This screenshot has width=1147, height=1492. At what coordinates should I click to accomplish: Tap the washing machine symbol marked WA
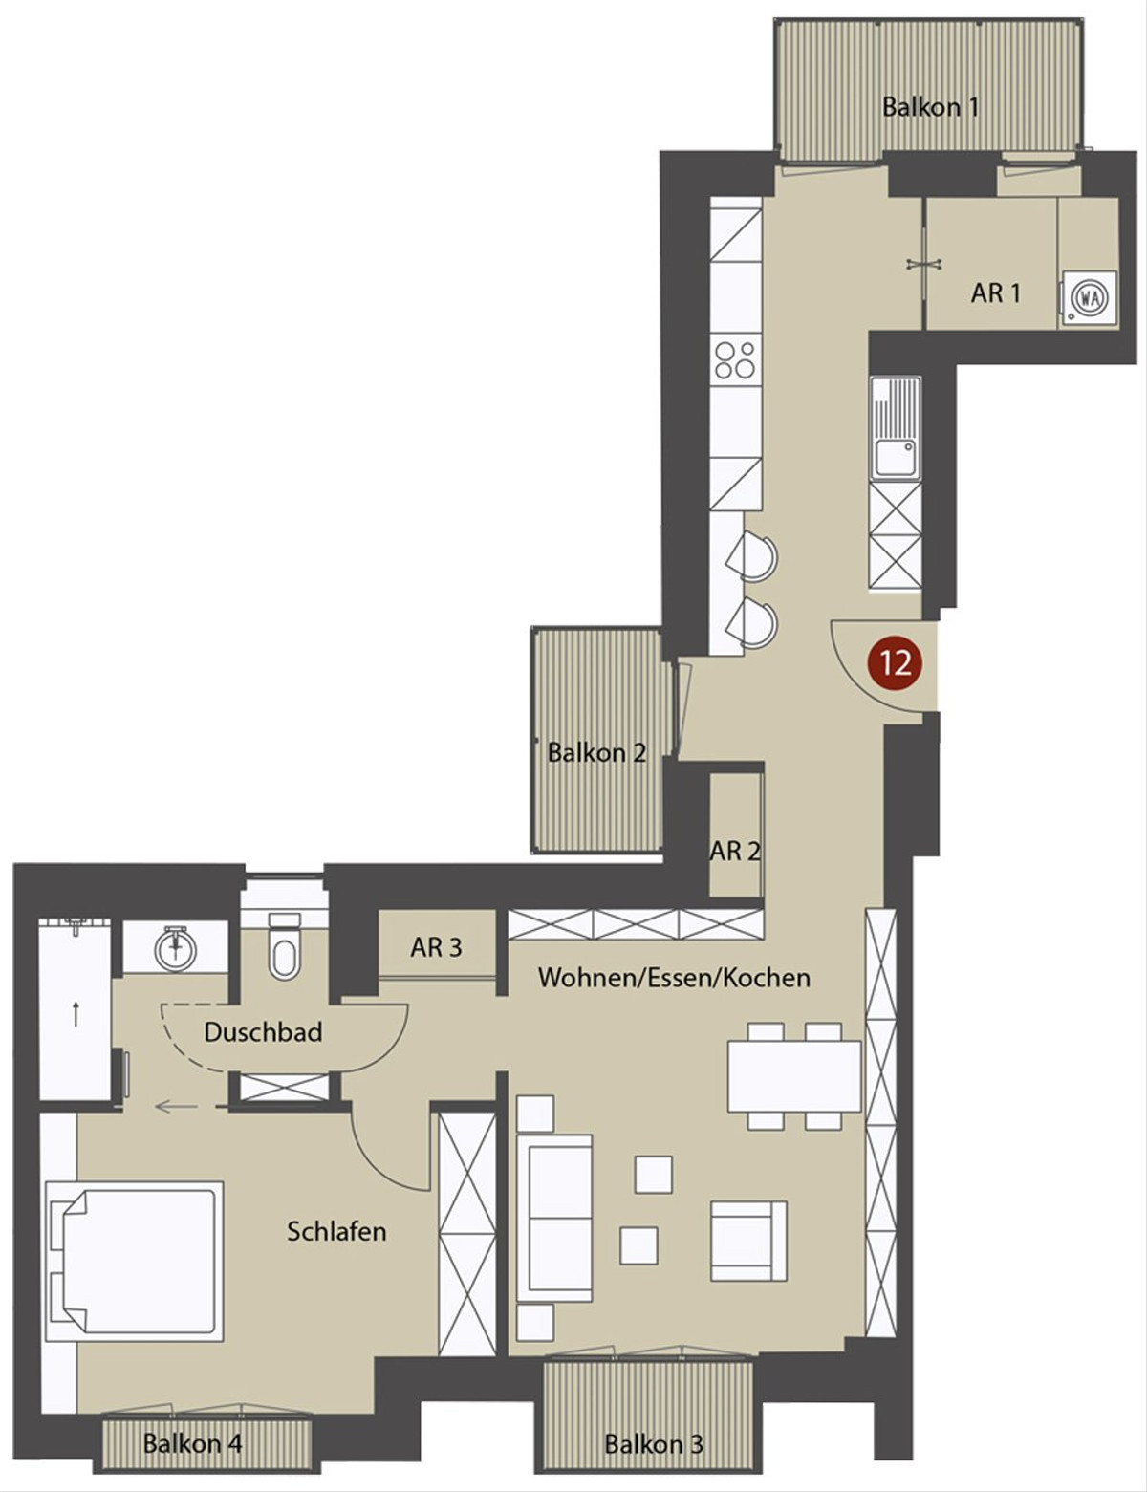pyautogui.click(x=1090, y=297)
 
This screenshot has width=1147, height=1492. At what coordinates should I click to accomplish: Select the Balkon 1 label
pyautogui.click(x=930, y=107)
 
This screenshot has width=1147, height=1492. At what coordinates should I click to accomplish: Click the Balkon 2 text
pyautogui.click(x=596, y=753)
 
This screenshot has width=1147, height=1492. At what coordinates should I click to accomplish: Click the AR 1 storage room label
pyautogui.click(x=995, y=293)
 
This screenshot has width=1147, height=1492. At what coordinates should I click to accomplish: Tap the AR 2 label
pyautogui.click(x=734, y=852)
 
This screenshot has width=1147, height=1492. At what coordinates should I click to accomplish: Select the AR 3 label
pyautogui.click(x=436, y=947)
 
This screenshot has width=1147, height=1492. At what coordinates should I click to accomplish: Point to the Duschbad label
pyautogui.click(x=263, y=1032)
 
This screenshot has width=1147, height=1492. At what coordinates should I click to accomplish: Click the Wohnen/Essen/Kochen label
pyautogui.click(x=674, y=977)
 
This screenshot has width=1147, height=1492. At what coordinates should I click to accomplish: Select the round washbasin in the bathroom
pyautogui.click(x=176, y=946)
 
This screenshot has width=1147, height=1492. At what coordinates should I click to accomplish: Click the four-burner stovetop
pyautogui.click(x=735, y=360)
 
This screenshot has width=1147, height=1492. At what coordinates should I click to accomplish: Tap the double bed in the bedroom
pyautogui.click(x=135, y=1262)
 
